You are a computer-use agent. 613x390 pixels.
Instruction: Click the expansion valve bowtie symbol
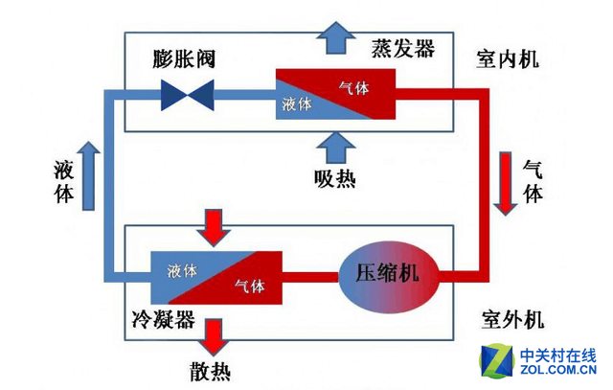pos(188,93)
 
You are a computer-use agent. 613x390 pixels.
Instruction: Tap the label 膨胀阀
pos(184,58)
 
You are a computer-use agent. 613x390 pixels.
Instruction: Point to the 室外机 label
pos(507,318)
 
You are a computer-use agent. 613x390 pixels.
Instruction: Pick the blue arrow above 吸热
pos(334,146)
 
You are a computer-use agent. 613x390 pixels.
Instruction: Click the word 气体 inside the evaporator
pos(353,87)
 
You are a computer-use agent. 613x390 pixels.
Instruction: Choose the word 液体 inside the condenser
pos(182,270)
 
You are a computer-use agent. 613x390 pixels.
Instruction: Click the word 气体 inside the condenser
pos(249,287)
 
